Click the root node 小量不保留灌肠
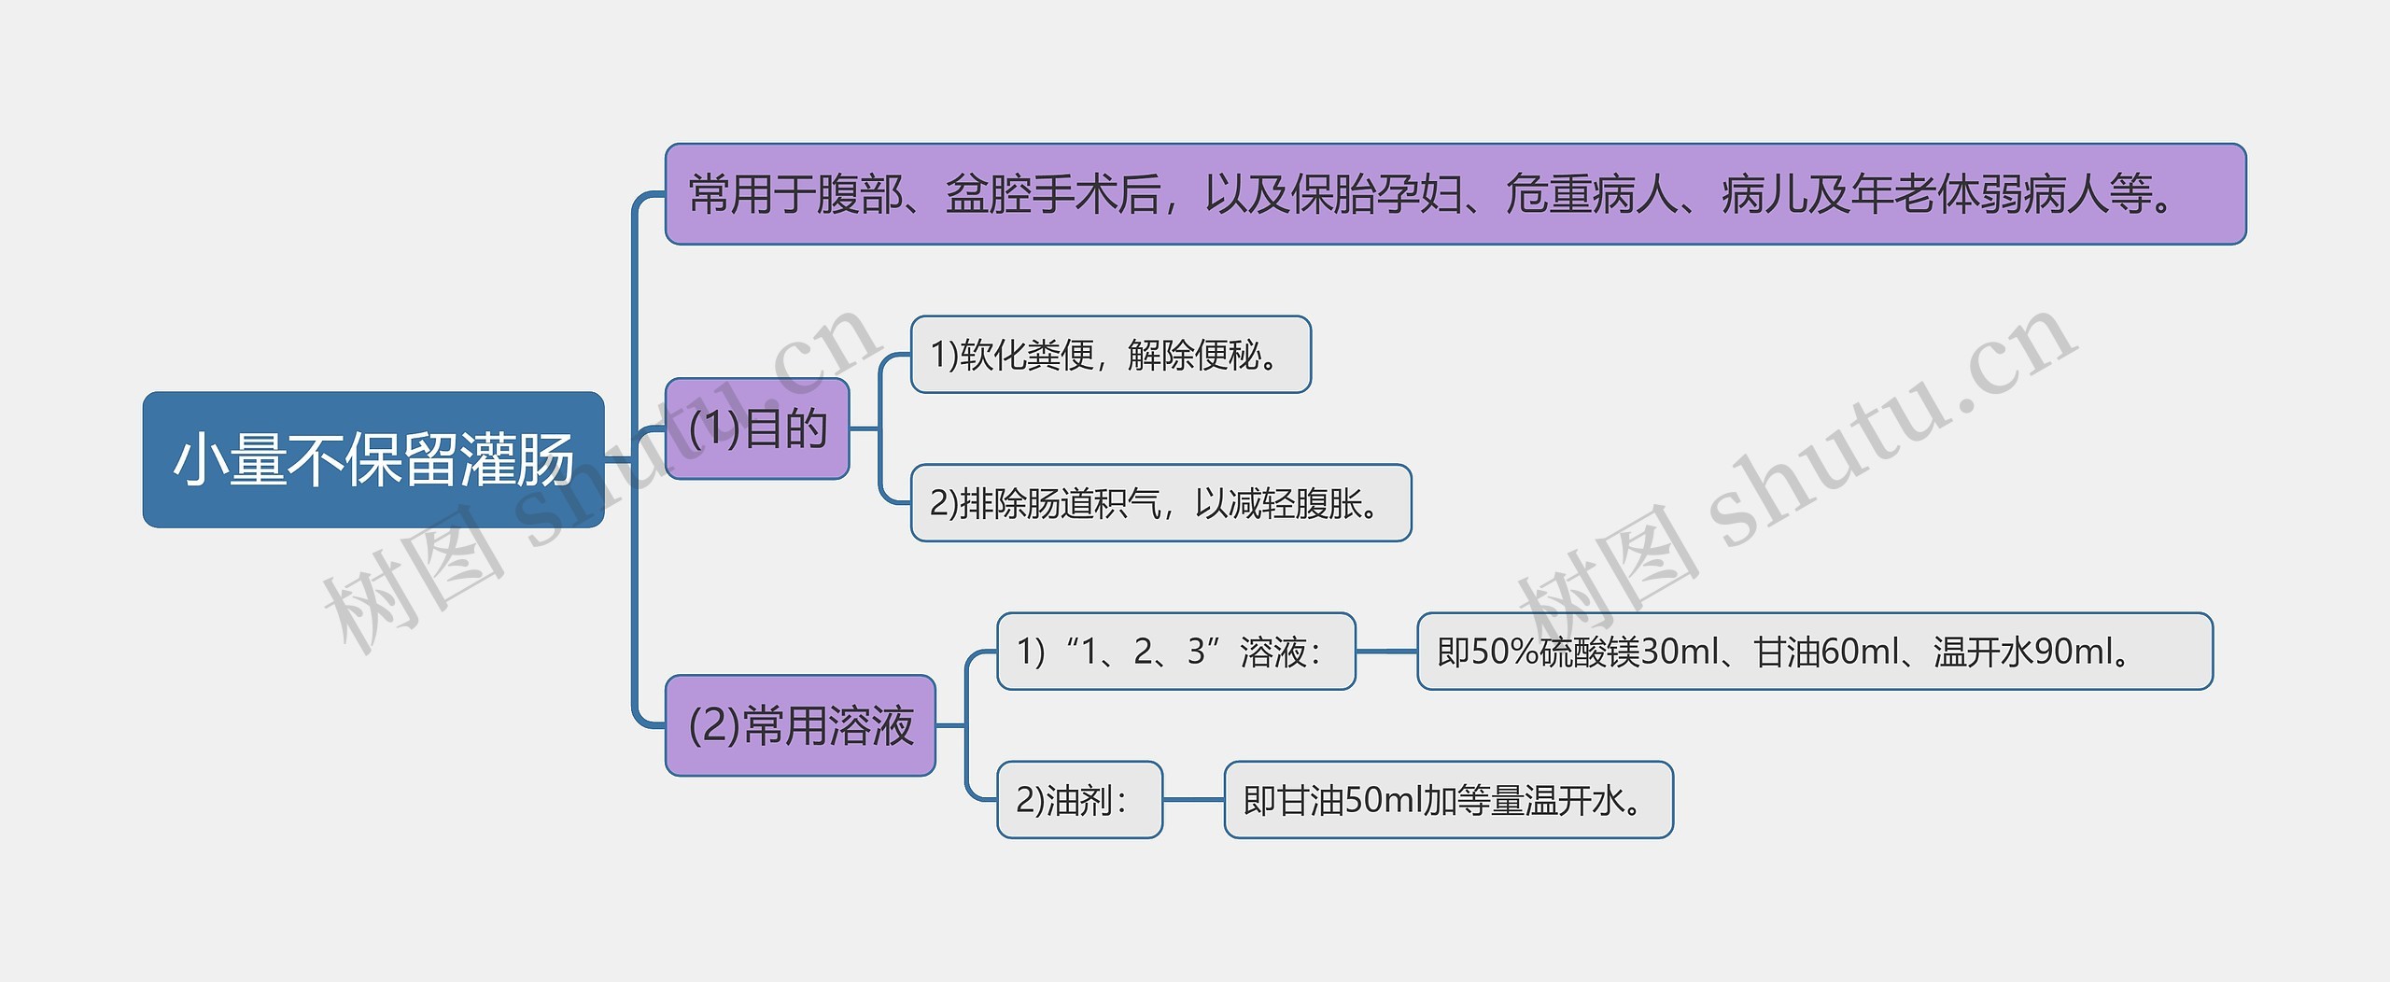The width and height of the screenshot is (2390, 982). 373,459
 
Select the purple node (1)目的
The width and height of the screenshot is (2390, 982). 757,428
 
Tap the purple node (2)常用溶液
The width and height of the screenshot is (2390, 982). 800,725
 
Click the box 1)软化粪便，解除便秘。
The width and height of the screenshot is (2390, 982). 1110,355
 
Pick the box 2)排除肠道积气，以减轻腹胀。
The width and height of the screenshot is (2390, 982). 1160,503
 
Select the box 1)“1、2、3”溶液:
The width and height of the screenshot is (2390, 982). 1175,652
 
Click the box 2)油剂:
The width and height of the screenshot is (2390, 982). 1079,800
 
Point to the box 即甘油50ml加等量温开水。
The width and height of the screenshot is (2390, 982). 1448,800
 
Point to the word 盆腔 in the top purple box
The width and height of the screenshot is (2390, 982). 989,195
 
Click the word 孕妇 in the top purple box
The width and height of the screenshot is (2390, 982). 1419,195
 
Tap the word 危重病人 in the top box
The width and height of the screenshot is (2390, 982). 1591,195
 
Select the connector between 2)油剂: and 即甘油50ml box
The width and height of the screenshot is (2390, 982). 1193,800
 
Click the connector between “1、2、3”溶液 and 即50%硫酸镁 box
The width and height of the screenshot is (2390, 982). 1386,652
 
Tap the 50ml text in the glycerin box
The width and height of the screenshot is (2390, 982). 1381,800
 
